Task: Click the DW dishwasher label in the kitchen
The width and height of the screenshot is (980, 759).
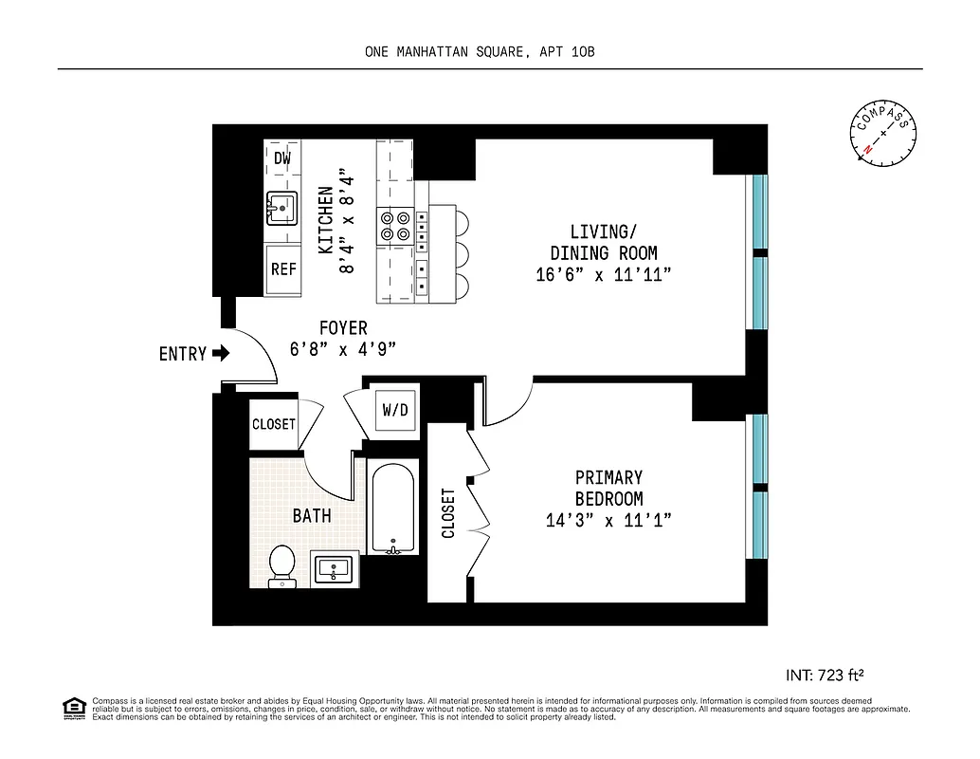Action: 282,158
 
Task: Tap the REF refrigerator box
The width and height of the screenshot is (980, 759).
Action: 283,268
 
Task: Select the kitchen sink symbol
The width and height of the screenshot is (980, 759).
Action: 281,208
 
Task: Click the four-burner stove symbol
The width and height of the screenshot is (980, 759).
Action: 395,226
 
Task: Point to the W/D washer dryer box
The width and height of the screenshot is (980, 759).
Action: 395,410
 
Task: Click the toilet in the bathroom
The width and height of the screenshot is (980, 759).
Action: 281,565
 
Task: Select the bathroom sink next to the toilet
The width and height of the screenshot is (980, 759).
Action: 335,569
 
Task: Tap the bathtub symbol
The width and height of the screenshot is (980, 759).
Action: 390,508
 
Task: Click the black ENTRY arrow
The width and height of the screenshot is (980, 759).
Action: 221,354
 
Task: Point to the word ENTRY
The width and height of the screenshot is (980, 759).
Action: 182,354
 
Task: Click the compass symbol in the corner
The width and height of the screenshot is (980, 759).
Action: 883,134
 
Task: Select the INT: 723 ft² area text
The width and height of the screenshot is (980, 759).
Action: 825,676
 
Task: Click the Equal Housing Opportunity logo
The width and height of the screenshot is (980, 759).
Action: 73,707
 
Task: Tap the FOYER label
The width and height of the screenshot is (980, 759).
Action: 343,328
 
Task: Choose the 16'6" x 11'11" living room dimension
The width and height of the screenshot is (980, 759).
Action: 604,275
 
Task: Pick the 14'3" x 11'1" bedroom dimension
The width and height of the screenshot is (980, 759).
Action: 608,520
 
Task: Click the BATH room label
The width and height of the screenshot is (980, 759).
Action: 312,515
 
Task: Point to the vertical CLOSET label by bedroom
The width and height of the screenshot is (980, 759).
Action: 449,512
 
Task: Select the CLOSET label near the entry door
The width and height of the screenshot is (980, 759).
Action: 274,424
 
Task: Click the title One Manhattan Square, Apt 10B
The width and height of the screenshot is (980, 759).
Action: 480,52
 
